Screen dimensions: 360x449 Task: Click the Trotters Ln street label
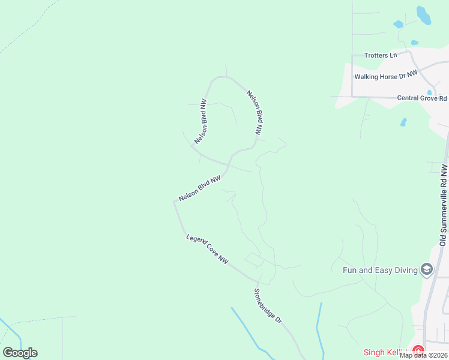(381, 55)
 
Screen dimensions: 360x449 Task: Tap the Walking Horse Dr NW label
(385, 76)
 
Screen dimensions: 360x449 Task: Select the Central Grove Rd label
(422, 98)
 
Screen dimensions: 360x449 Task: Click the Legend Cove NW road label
(207, 249)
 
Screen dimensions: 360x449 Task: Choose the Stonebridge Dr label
(268, 305)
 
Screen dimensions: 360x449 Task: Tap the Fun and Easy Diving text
(379, 270)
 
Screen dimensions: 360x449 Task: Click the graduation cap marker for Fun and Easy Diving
(427, 269)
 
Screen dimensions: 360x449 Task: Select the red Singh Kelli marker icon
(418, 351)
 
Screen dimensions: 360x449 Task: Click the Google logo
(20, 353)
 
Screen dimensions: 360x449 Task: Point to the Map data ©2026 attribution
(423, 355)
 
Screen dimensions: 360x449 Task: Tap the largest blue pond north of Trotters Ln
(424, 16)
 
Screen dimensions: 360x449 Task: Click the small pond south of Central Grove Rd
(403, 122)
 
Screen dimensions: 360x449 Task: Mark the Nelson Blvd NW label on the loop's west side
(201, 122)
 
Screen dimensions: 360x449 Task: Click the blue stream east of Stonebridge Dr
(319, 330)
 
